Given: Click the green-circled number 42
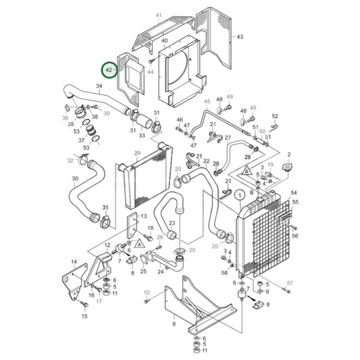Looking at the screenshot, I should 108,70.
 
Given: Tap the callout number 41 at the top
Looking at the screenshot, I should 159,15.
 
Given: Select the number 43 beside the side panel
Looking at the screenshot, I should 240,36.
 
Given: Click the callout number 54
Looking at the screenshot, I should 294,193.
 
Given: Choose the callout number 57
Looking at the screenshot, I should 290,282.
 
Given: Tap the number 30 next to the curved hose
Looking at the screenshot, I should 74,179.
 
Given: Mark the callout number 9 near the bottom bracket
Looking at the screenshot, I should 174,324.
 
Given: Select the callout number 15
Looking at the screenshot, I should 84,315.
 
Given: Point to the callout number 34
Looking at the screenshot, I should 99,86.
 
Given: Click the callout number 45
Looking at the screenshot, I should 207,102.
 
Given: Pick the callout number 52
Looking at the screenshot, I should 275,116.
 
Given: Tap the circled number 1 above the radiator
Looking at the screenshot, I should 238,195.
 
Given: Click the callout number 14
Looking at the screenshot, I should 74,261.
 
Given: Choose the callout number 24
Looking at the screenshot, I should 161,272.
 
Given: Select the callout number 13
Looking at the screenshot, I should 143,216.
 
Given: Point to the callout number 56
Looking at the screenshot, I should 294,236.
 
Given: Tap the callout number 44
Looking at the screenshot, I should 150,71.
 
